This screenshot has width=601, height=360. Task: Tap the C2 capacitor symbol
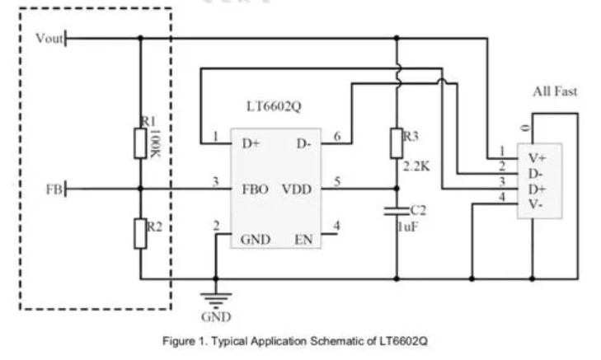click(397, 212)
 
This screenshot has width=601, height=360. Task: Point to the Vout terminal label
click(49, 38)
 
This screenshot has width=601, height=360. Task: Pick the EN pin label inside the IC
click(303, 240)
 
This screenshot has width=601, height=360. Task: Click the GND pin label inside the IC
click(255, 240)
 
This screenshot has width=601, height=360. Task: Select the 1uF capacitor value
click(410, 224)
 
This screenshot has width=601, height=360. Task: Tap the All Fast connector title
click(554, 91)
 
